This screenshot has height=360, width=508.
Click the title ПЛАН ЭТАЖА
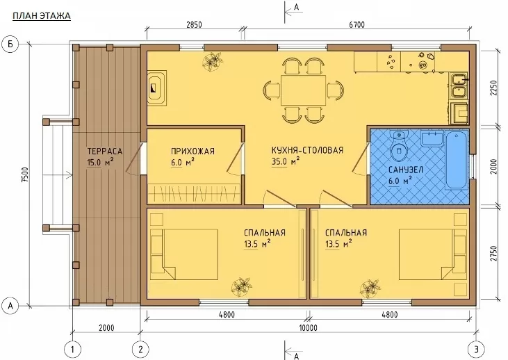42,15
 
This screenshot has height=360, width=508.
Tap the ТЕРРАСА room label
105,152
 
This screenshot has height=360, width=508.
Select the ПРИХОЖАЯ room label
192,152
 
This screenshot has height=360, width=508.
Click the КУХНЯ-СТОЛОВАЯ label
307,150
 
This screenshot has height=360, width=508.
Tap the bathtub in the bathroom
457,160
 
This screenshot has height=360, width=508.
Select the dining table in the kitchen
303,90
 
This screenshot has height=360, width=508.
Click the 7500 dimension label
25,175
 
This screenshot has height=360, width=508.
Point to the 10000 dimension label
308,328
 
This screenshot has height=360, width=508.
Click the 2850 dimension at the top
194,25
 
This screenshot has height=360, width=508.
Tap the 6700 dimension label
357,25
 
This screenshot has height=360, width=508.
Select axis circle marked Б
10,44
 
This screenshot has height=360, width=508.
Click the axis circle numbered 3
476,350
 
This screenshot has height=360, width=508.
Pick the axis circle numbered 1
72,350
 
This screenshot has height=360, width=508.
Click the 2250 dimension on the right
493,88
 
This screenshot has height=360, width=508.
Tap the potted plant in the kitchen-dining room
213,62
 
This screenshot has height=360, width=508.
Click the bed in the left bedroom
184,254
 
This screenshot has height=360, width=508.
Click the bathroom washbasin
432,138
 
